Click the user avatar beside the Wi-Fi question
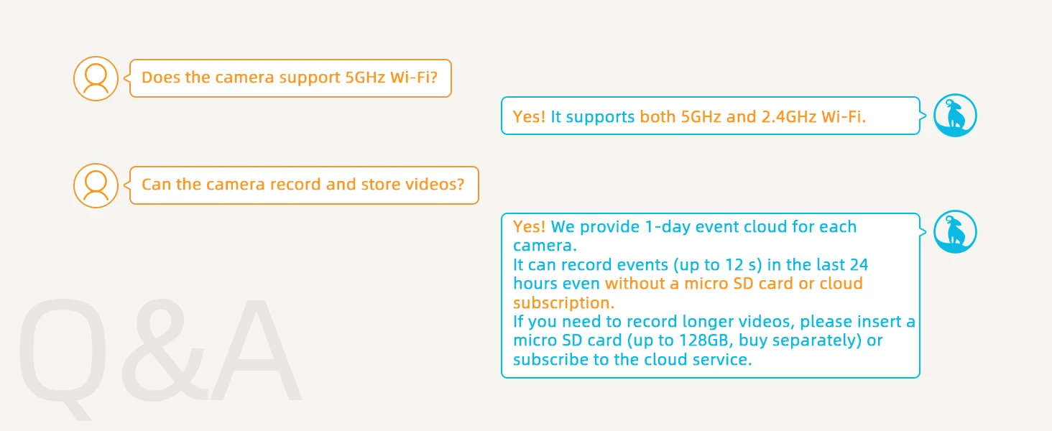(x=96, y=78)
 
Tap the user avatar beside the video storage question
(x=96, y=185)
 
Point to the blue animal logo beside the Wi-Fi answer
(x=955, y=116)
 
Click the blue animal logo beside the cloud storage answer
(x=955, y=232)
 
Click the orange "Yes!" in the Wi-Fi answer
(x=529, y=116)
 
